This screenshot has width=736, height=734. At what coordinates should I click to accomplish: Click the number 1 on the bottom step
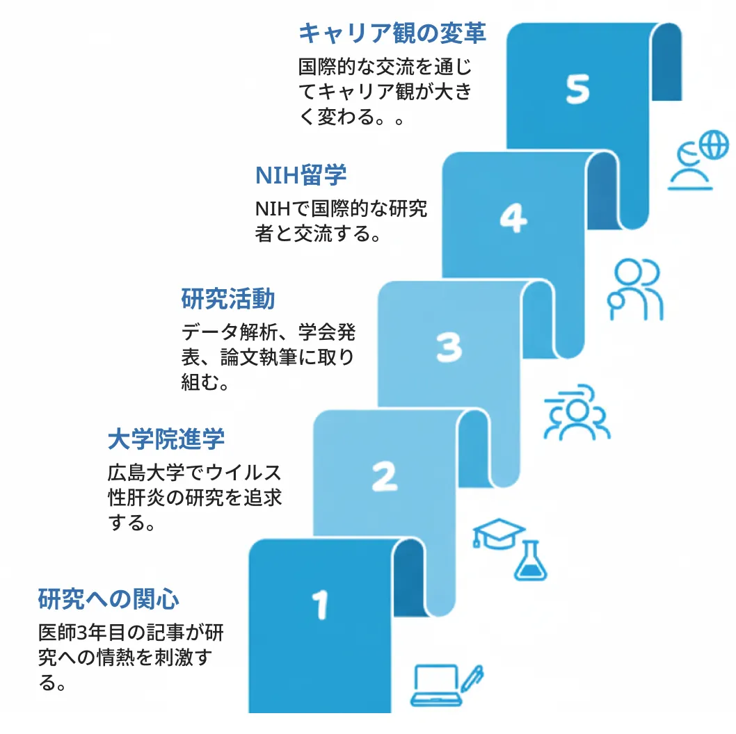pos(320,604)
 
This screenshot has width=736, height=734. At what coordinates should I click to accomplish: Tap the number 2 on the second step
pos(384,477)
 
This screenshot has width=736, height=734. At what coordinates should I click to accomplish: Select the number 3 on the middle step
pos(449,348)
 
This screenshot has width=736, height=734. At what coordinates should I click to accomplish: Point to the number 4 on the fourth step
pos(513,220)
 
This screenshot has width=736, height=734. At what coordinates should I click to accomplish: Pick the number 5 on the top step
pos(577,89)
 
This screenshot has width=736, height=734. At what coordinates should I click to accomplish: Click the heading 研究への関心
pos(109,598)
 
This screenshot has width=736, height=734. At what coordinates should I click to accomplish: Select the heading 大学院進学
pos(166,439)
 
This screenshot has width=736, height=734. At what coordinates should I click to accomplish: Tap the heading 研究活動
pos(228,299)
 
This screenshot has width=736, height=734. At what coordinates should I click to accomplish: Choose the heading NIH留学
pos(301,175)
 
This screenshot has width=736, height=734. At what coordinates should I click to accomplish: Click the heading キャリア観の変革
pos(392,33)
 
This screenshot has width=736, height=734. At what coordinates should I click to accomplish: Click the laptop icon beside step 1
pos(436,685)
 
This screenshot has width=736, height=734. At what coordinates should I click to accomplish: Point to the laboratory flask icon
pos(531,562)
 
